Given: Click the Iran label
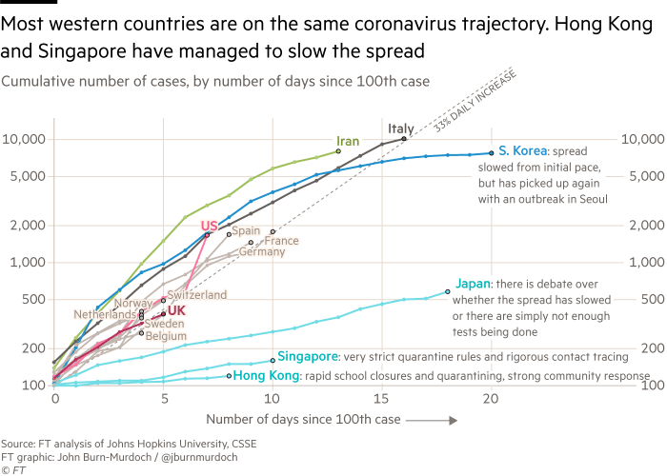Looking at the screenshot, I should (349, 142).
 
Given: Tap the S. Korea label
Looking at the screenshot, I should (523, 150).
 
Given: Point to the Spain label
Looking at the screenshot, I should (246, 230).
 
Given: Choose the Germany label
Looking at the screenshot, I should (261, 252).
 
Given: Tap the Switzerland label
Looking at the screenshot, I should (196, 295).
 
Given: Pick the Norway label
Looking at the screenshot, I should (131, 303).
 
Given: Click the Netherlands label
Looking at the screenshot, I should (105, 313).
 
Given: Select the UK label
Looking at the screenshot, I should (177, 310).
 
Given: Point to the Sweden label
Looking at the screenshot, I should (164, 324).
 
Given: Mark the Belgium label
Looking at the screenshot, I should (166, 336).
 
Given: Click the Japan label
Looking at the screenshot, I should (473, 283).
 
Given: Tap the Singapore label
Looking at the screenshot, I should (307, 357).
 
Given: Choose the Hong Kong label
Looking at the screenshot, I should (266, 376).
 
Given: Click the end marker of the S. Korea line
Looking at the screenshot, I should (492, 152).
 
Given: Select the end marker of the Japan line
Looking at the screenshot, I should (448, 291).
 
